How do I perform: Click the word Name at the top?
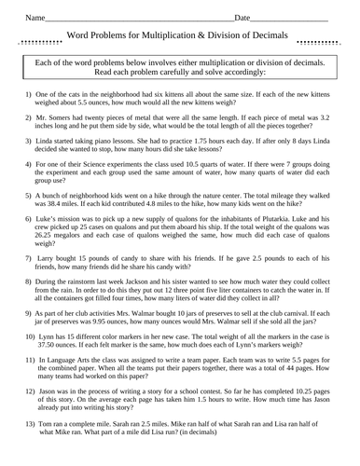pos(35,18)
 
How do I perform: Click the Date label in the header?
pos(242,18)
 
